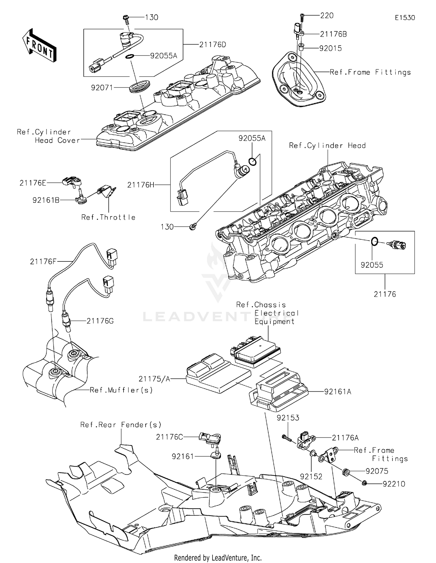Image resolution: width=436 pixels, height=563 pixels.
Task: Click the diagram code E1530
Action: pyautogui.click(x=405, y=18)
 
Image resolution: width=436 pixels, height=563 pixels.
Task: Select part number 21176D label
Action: pyautogui.click(x=212, y=45)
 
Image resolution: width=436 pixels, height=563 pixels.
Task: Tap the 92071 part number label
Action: pyautogui.click(x=102, y=87)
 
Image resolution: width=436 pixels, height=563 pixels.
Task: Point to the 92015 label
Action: pyautogui.click(x=330, y=49)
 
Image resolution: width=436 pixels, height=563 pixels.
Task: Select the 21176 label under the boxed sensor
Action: pyautogui.click(x=385, y=294)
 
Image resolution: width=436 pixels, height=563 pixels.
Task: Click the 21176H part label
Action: pyautogui.click(x=141, y=185)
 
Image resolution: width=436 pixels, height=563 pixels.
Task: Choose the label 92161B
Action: pyautogui.click(x=46, y=200)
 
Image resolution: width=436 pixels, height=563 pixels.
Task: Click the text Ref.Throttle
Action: pyautogui.click(x=108, y=217)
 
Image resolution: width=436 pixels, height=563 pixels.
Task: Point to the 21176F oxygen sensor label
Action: pyautogui.click(x=43, y=262)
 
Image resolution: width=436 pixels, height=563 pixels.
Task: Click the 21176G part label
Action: pyautogui.click(x=100, y=321)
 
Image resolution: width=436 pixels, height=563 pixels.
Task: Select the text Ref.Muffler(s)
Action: pyautogui.click(x=121, y=390)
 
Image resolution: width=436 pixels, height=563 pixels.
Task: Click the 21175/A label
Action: pyautogui.click(x=154, y=379)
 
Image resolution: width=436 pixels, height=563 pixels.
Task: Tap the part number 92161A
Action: pyautogui.click(x=337, y=392)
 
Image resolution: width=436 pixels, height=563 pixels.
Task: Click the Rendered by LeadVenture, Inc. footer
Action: pyautogui.click(x=218, y=557)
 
